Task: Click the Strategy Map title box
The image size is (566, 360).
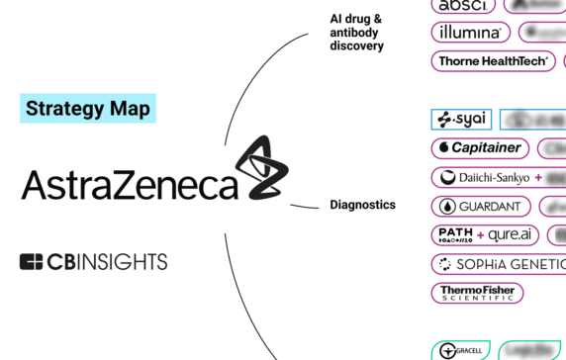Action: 88,108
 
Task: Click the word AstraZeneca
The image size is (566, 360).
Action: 129,185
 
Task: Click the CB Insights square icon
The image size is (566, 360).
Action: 32,262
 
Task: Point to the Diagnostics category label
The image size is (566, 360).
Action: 362,205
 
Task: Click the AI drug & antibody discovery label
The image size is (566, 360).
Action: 356,32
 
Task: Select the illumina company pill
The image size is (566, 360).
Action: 471,33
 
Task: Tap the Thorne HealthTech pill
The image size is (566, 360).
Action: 494,61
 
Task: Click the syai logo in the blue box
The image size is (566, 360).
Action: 462,120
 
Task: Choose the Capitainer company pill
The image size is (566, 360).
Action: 479,148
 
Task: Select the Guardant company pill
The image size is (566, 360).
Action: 482,207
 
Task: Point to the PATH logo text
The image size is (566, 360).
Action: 454,235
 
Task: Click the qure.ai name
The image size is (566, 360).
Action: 514,235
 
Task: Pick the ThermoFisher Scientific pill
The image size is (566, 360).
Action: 477,293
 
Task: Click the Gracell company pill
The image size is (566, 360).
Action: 460,350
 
